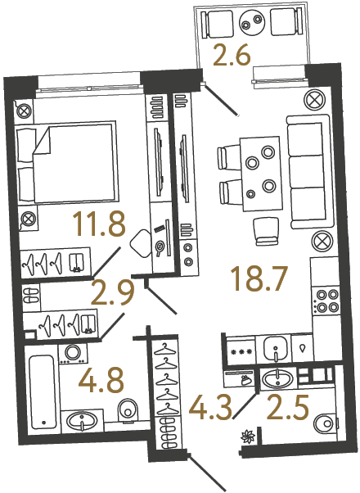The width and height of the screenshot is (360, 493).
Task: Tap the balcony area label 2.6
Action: tap(232, 57)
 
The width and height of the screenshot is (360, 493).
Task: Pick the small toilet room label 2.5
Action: tap(290, 404)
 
